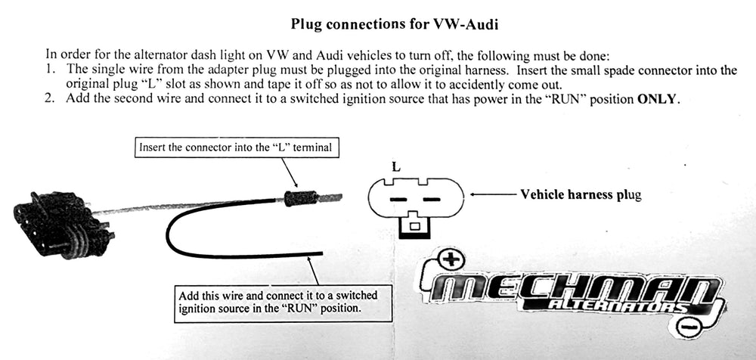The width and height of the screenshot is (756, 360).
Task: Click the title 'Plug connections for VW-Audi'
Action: coord(394,24)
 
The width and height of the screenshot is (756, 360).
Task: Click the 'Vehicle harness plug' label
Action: coord(581,194)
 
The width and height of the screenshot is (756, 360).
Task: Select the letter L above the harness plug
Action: coord(395,166)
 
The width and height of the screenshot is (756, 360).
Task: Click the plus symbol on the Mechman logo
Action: coord(451,261)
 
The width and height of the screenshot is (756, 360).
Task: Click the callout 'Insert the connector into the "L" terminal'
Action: coord(235,147)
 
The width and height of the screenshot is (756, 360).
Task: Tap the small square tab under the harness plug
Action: coord(414,225)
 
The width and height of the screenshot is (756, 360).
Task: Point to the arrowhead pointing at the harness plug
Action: coord(473,194)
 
